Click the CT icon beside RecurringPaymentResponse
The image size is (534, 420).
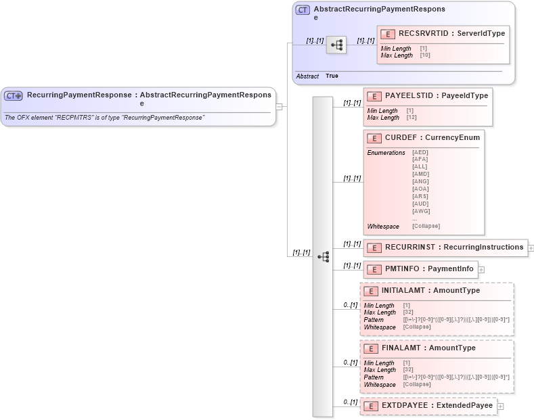pyautogui.click(x=14, y=96)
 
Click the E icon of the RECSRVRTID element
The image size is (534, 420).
pyautogui.click(x=388, y=34)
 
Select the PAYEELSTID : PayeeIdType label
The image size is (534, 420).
pyautogui.click(x=436, y=96)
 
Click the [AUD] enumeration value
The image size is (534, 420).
pyautogui.click(x=420, y=204)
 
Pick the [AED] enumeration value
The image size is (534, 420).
pyautogui.click(x=420, y=152)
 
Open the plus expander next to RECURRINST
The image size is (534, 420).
pyautogui.click(x=531, y=248)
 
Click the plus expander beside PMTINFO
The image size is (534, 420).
pyautogui.click(x=481, y=270)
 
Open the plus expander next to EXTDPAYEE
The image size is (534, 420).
pyautogui.click(x=500, y=406)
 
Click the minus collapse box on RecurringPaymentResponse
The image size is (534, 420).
pyautogui.click(x=278, y=106)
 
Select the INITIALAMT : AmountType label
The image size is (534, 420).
pyautogui.click(x=430, y=290)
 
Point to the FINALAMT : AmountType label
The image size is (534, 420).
pyautogui.click(x=428, y=348)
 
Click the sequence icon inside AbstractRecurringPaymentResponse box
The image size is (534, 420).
pyautogui.click(x=336, y=45)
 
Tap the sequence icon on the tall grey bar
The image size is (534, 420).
pyautogui.click(x=323, y=256)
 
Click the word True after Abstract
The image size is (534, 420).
pyautogui.click(x=332, y=76)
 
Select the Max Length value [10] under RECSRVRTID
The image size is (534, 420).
pyautogui.click(x=424, y=55)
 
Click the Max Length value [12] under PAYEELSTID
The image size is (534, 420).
pyautogui.click(x=411, y=118)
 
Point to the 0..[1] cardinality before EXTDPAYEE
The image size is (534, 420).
pyautogui.click(x=350, y=402)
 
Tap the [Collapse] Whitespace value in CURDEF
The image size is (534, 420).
pyautogui.click(x=426, y=226)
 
